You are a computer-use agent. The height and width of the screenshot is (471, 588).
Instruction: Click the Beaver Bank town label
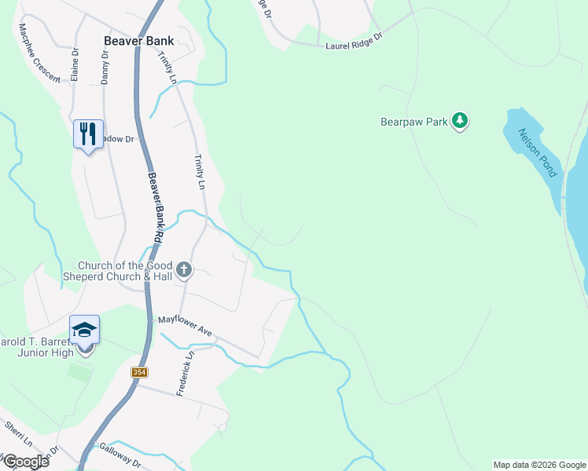138,40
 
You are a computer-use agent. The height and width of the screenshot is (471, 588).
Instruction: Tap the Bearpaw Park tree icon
459,121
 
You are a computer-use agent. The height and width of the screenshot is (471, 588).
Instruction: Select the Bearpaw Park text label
413,122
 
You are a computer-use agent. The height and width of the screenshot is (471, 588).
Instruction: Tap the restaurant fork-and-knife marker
88,133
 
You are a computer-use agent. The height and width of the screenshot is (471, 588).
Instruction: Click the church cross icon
183,271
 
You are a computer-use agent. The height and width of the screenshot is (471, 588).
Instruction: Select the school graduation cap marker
85,330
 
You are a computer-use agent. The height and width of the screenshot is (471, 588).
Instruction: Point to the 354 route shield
139,372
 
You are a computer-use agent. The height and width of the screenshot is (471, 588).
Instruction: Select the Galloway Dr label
119,455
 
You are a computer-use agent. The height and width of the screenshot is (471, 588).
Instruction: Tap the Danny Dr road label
104,68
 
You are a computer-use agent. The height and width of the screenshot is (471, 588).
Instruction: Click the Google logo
25,461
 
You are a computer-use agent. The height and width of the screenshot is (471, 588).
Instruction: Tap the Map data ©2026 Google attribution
538,465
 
